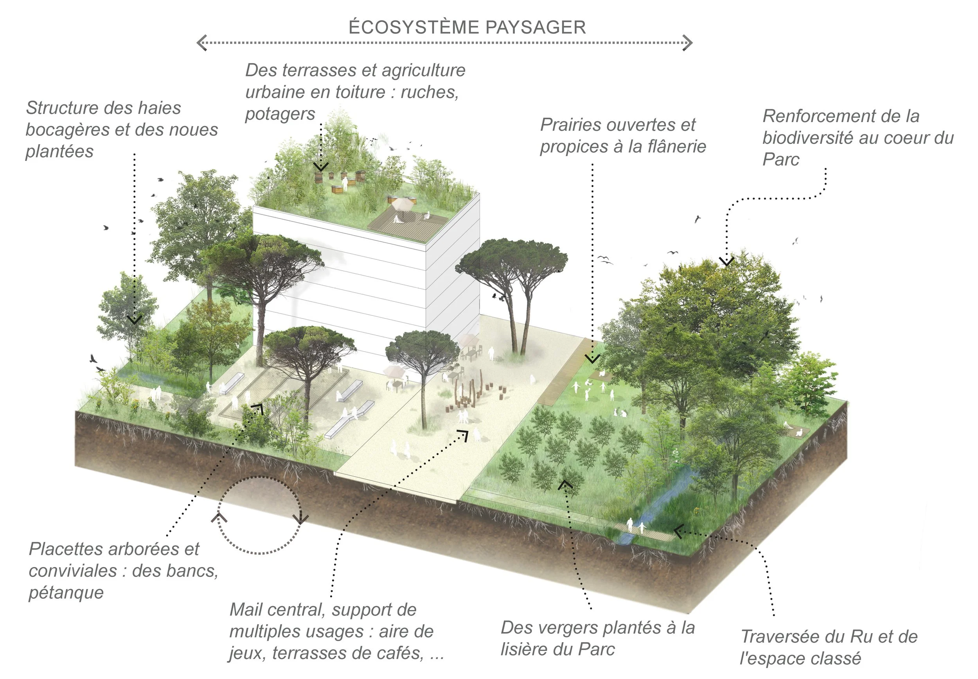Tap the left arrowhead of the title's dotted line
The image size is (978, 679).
pos(201,43)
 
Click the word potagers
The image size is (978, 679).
pos(280,114)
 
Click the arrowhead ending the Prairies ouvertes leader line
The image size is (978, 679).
pos(592,360)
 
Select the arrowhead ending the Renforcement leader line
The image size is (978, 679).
pos(726,261)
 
